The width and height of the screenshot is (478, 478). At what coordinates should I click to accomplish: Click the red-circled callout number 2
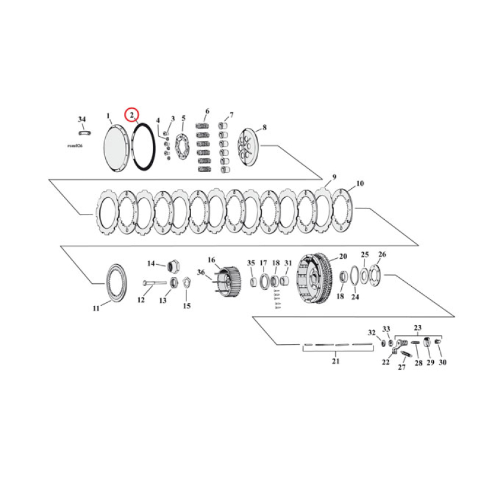(x=131, y=114)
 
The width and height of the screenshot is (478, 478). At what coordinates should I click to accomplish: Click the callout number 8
(x=265, y=127)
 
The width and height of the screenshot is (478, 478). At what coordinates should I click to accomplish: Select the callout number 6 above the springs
(x=207, y=112)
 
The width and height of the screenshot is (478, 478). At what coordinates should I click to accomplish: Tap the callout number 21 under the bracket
(x=335, y=361)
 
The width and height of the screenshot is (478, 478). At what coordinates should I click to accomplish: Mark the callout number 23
(x=418, y=327)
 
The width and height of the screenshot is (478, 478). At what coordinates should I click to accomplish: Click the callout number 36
(x=200, y=273)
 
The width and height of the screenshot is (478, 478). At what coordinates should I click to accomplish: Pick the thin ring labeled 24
(x=354, y=277)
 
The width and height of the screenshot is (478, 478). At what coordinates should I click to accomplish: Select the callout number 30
(x=442, y=362)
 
